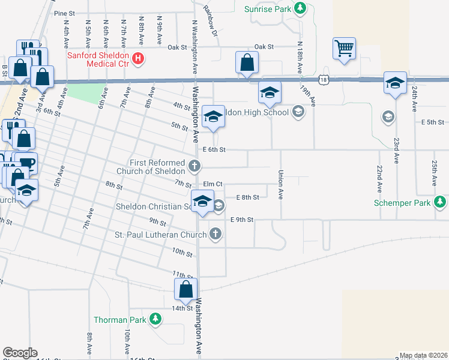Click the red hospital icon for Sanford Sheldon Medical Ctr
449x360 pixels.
click(x=139, y=58)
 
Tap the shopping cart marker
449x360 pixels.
click(x=344, y=49)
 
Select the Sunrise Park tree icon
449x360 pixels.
click(x=300, y=9)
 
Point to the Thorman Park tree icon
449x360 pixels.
click(x=155, y=319)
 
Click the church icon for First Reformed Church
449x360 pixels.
click(x=194, y=166)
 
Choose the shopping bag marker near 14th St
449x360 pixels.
click(x=185, y=290)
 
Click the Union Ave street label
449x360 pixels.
click(x=280, y=185)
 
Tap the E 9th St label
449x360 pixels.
click(x=242, y=220)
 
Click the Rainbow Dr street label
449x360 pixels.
click(x=209, y=19)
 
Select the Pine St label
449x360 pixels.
click(x=64, y=13)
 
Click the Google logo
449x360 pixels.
click(x=20, y=353)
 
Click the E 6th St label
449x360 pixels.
click(x=214, y=149)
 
